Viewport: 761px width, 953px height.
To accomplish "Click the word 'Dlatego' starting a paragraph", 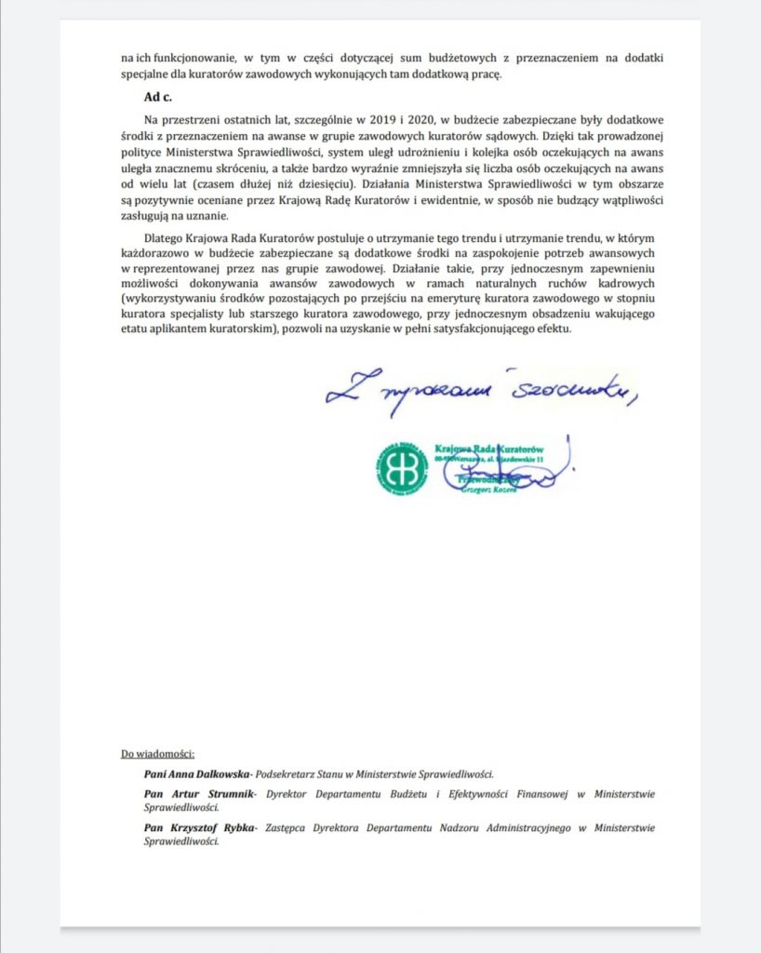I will point(163,237).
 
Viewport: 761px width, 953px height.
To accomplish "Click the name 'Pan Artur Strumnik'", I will point(190,794).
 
